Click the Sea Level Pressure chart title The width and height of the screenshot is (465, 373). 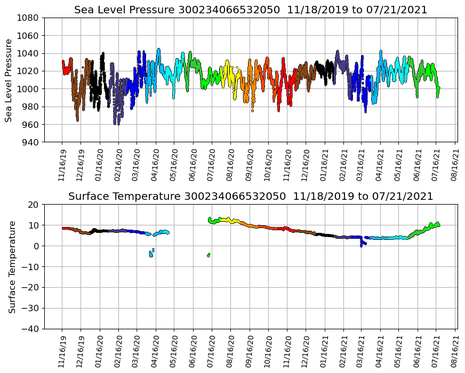(x=251, y=10)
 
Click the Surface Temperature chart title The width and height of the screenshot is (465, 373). (x=251, y=197)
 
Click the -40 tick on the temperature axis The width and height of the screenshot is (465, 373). (x=31, y=329)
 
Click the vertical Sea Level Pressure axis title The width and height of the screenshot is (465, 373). (x=9, y=80)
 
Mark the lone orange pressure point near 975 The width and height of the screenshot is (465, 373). (x=252, y=110)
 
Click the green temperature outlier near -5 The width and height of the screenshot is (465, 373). (x=209, y=255)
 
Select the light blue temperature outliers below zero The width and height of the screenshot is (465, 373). (x=151, y=254)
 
